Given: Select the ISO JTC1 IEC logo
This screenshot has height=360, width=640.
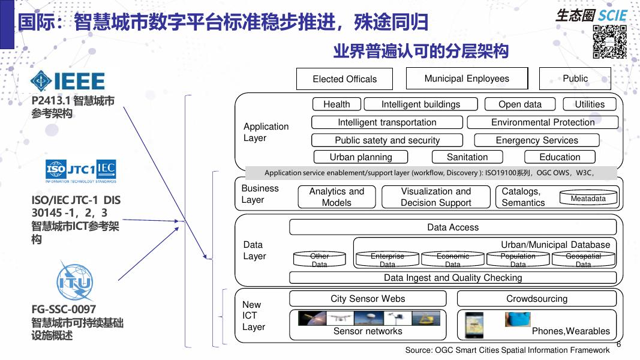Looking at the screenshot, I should [x=81, y=171].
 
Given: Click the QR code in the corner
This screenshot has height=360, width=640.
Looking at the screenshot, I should [x=609, y=42].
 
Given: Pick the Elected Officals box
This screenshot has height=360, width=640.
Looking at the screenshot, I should [x=344, y=79].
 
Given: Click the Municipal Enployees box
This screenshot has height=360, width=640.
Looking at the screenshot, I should [x=467, y=79].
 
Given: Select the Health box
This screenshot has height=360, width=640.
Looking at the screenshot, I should [x=336, y=104].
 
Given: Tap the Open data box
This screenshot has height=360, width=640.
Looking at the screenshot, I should [x=519, y=104].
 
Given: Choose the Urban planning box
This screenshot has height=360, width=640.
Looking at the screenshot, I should [x=360, y=157].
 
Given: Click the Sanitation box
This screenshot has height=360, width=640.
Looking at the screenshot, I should [x=467, y=157].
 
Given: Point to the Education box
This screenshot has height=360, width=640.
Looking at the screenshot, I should [x=560, y=157].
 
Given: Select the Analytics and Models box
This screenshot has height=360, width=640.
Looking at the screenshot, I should [x=336, y=197].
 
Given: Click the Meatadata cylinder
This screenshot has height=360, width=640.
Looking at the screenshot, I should [x=588, y=199].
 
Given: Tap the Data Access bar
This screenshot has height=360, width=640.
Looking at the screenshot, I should [x=453, y=227].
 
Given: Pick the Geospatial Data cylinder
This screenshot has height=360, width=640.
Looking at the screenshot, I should [x=583, y=260].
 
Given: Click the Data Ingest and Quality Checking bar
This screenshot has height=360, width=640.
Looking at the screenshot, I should [x=453, y=278].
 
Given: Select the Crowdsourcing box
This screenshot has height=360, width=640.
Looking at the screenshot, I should [x=536, y=299].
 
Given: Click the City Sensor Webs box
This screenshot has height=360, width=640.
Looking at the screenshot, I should [x=368, y=299].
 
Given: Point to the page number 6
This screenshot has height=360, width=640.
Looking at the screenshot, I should [x=618, y=344].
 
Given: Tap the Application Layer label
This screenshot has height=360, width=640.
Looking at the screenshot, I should [x=266, y=132].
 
